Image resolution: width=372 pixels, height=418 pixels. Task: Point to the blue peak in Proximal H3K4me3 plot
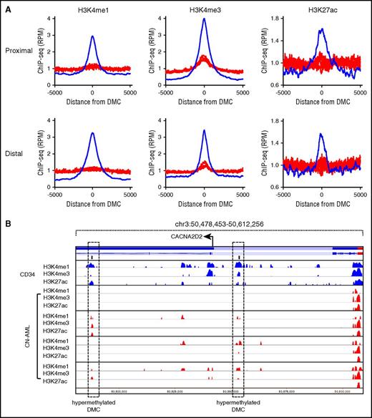(205, 20)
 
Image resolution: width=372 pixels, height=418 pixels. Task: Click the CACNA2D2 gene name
(186, 235)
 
